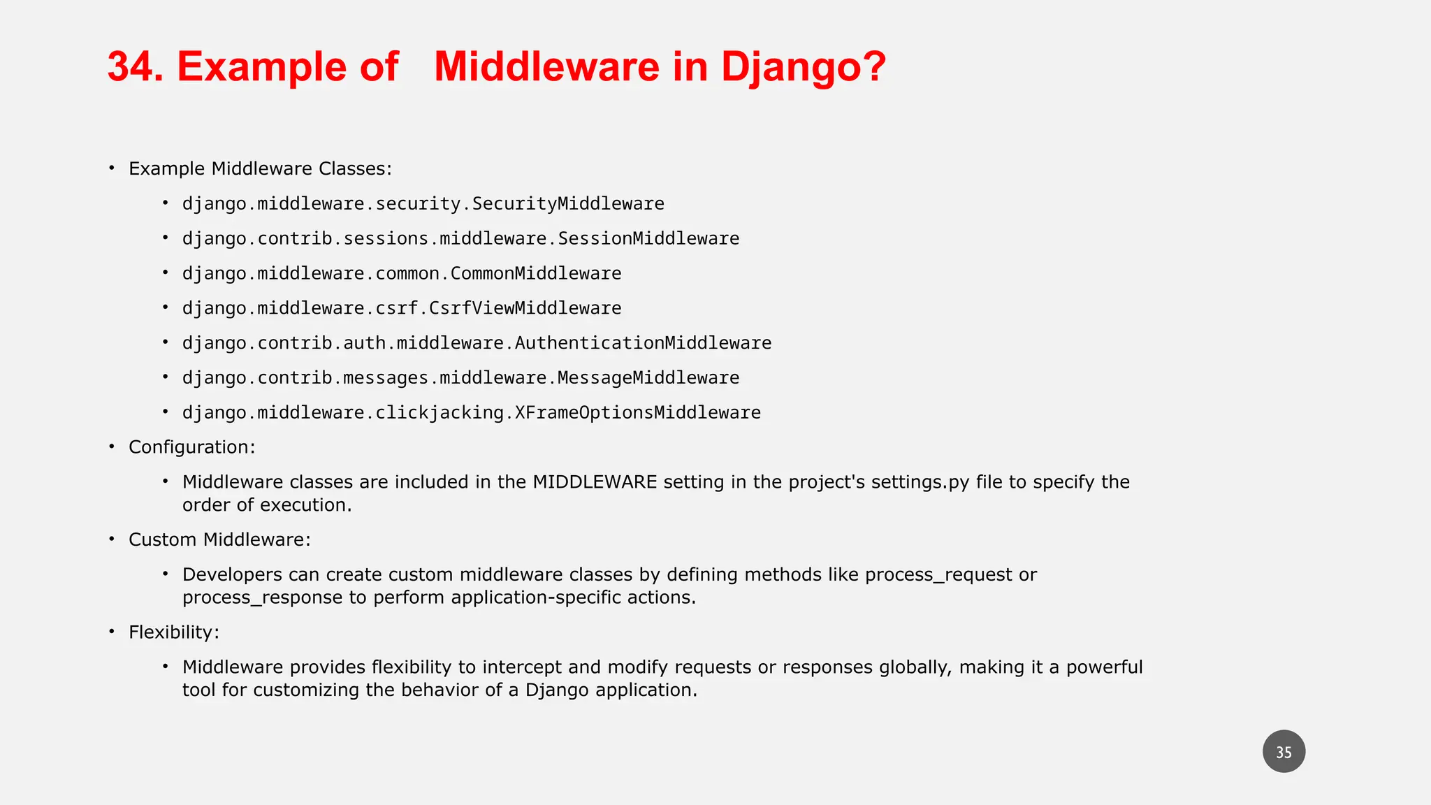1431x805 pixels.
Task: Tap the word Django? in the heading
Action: click(x=803, y=67)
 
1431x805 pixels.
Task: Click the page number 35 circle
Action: click(x=1284, y=752)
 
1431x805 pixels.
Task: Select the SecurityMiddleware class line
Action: click(x=423, y=203)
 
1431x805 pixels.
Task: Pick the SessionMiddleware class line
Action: click(x=460, y=238)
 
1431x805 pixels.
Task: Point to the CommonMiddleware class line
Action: click(x=402, y=273)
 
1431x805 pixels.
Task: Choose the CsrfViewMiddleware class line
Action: click(x=402, y=308)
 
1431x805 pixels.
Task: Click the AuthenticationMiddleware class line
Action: click(x=477, y=343)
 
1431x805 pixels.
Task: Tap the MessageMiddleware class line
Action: click(x=460, y=377)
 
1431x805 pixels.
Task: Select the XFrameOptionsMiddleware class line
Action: click(x=472, y=412)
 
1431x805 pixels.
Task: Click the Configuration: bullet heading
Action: click(x=192, y=447)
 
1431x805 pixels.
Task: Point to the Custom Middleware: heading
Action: click(x=219, y=539)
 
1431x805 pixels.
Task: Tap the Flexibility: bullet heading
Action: click(x=174, y=632)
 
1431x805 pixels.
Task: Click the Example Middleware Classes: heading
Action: click(x=260, y=169)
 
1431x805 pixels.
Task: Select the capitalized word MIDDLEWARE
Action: click(x=595, y=482)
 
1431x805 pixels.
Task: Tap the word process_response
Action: click(x=263, y=597)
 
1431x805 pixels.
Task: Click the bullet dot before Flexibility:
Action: click(x=112, y=632)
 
